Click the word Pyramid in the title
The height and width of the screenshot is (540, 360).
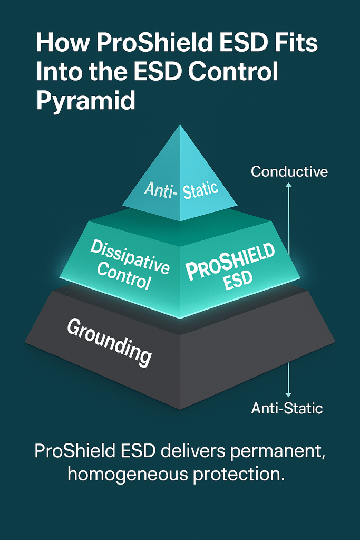[85, 100]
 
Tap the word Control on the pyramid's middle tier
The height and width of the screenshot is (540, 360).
[124, 276]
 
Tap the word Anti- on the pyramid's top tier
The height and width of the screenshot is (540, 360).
[160, 189]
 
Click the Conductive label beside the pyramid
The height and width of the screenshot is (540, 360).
[289, 171]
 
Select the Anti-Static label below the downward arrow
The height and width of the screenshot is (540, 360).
[287, 408]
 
